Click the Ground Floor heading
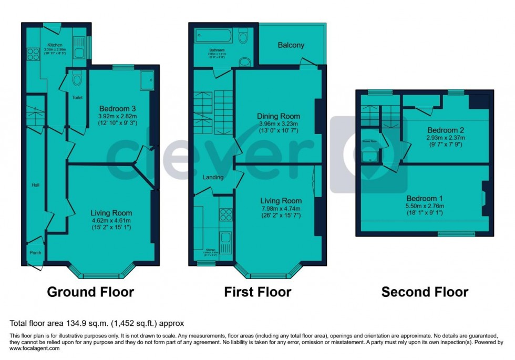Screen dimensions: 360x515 pos(90,292)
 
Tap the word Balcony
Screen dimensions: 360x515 pos(291,45)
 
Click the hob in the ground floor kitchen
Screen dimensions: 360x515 pos(31,53)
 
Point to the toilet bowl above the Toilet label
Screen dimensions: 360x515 pos(77,79)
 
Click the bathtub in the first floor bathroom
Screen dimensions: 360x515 pos(214,36)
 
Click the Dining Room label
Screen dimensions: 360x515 pos(279,116)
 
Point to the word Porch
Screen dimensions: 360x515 pos(35,253)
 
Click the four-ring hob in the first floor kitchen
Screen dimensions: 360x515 pos(225,214)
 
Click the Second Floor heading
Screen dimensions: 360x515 pos(425,292)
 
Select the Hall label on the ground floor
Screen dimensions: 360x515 pos(35,185)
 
